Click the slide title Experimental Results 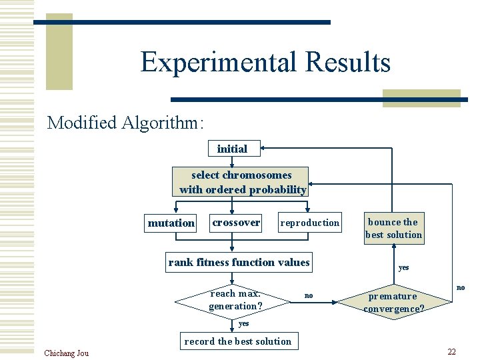(265, 62)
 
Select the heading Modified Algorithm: (125, 123)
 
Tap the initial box (232, 149)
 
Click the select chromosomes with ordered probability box (241, 182)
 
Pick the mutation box (171, 223)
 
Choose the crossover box (236, 222)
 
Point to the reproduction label (309, 223)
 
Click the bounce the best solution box (393, 228)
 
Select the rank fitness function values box (239, 262)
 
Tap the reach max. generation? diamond (234, 301)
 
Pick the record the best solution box (237, 341)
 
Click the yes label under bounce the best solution (403, 267)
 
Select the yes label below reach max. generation (243, 323)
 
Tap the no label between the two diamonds (308, 295)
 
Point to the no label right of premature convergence (460, 287)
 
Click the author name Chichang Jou (66, 353)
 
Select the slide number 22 (451, 352)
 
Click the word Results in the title (347, 62)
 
